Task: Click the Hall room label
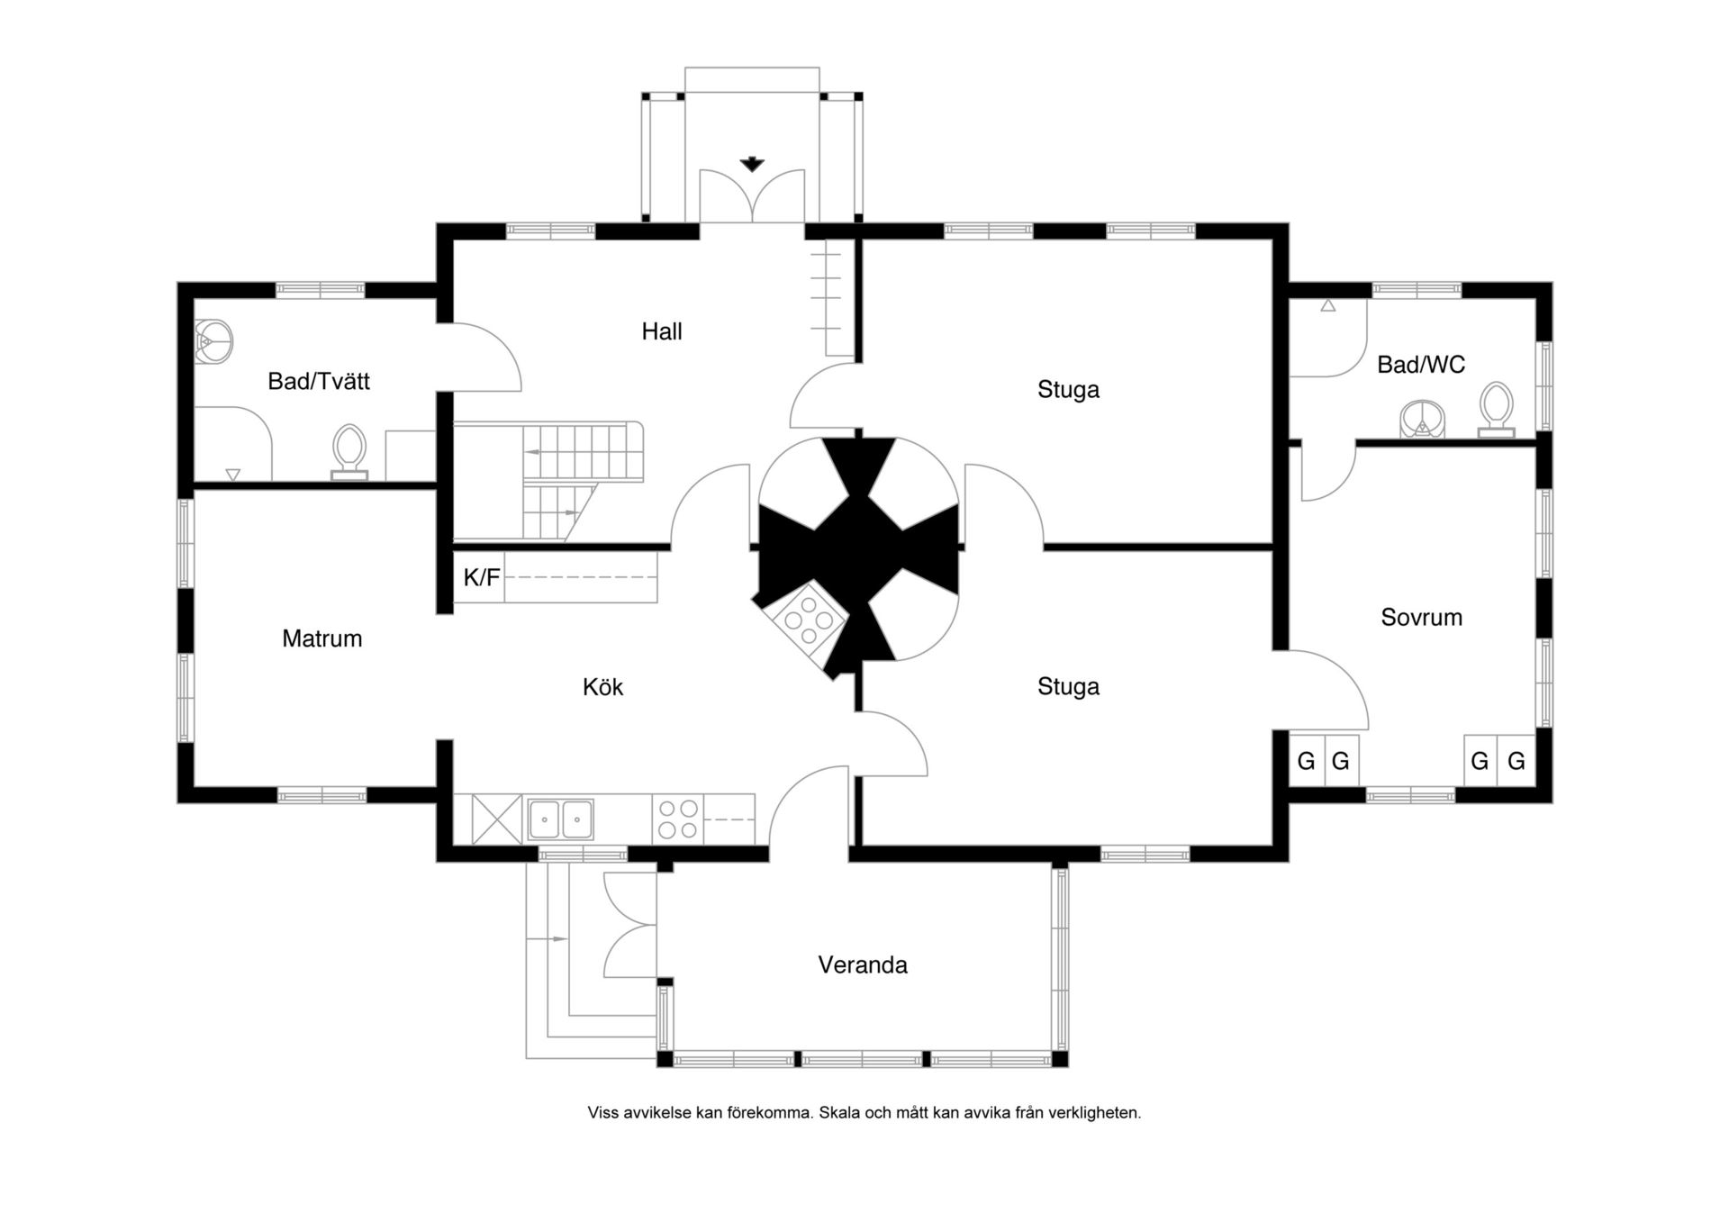point(662,331)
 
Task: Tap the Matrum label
point(321,638)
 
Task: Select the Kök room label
point(602,687)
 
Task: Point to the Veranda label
point(862,964)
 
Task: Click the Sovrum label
point(1421,617)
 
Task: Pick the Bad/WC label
point(1420,365)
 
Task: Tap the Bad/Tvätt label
point(319,381)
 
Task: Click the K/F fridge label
point(481,577)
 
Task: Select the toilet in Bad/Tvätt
point(349,451)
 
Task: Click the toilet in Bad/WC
point(1496,410)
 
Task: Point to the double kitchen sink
point(560,819)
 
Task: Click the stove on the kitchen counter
point(677,819)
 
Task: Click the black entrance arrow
point(752,164)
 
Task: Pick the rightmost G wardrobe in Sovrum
point(1516,761)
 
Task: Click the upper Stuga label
point(1068,390)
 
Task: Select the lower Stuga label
point(1068,687)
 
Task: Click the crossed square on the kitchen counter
point(496,819)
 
